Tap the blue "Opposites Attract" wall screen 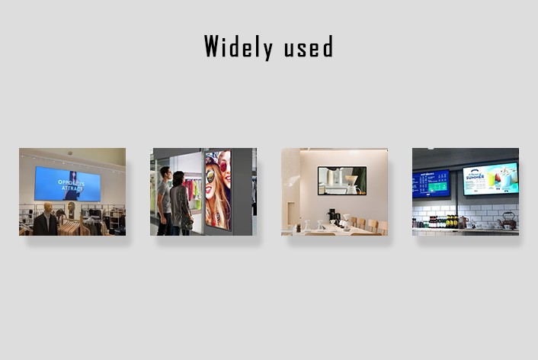pyautogui.click(x=67, y=184)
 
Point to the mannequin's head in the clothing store pyautogui.click(x=43, y=208)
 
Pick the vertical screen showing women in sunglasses pyautogui.click(x=217, y=189)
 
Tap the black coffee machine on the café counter pyautogui.click(x=334, y=216)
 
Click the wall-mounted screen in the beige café pyautogui.click(x=341, y=180)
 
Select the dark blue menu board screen pyautogui.click(x=431, y=183)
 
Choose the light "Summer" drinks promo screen pyautogui.click(x=490, y=178)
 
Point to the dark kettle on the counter pyautogui.click(x=508, y=220)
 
